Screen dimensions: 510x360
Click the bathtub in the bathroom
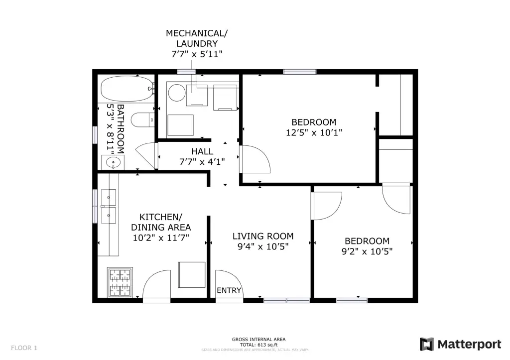tap(127, 89)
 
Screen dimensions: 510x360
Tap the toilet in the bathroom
tap(142, 120)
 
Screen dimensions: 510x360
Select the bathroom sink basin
tap(113, 162)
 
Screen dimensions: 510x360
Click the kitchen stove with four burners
tap(120, 282)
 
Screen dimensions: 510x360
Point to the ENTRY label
tap(229, 290)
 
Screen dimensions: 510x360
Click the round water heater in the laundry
tap(177, 93)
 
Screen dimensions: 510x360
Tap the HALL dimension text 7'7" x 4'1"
tap(202, 162)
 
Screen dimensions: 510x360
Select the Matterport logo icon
tap(427, 345)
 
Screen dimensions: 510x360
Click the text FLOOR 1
tap(24, 348)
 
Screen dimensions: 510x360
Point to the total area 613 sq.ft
tap(258, 345)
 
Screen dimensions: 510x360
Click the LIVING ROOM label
tap(263, 236)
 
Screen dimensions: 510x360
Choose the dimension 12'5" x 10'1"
tap(314, 132)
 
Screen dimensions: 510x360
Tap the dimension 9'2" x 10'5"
tap(367, 251)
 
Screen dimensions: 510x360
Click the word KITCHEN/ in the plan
tap(161, 217)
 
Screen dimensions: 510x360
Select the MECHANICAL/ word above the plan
tap(196, 33)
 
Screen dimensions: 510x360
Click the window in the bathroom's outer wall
tap(95, 134)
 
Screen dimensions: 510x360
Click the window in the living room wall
tap(286, 300)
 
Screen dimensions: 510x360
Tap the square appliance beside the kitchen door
tap(192, 275)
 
